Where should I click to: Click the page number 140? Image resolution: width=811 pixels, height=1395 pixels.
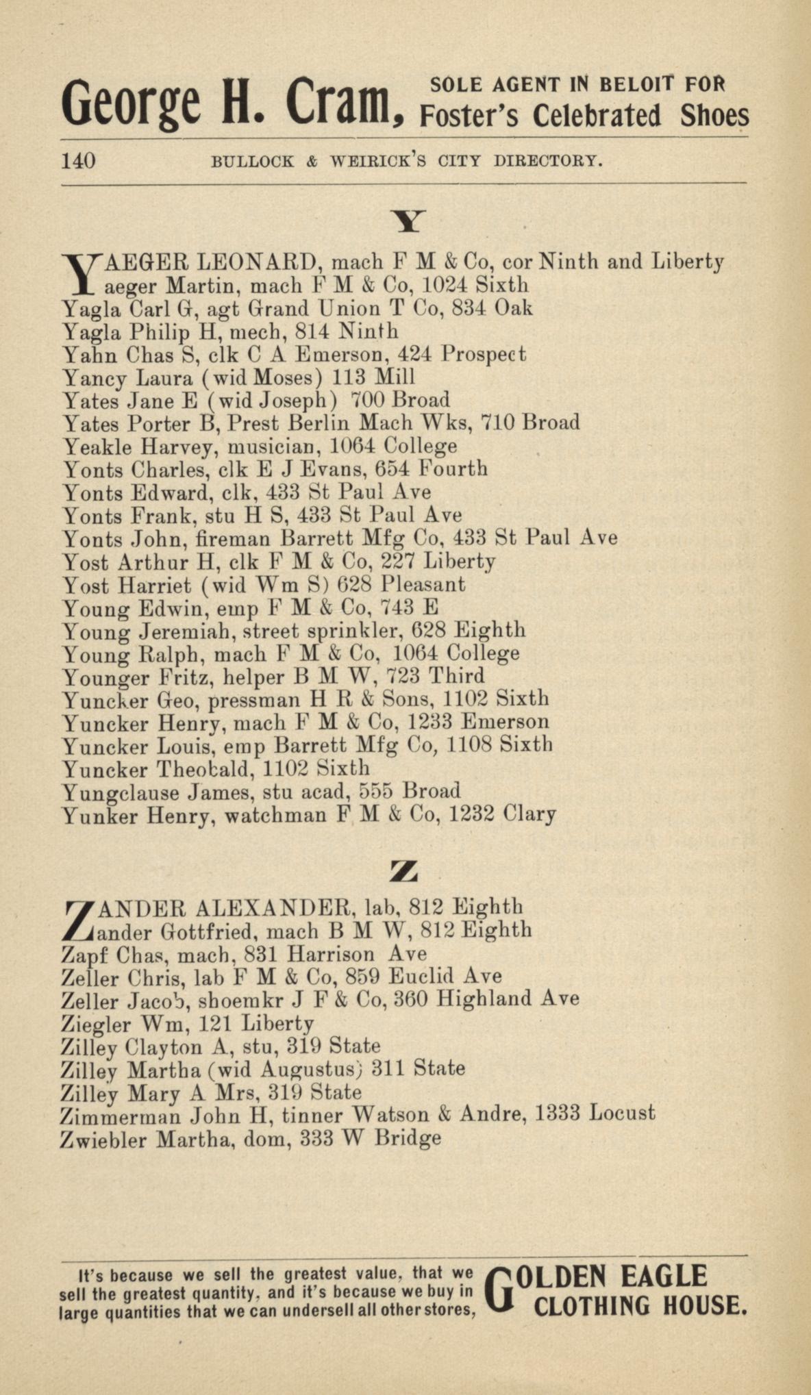79,162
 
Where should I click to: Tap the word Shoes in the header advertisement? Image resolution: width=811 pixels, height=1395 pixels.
714,116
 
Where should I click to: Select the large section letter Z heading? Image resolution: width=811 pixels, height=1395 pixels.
403,871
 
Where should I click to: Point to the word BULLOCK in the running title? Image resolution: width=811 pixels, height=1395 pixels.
253,162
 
